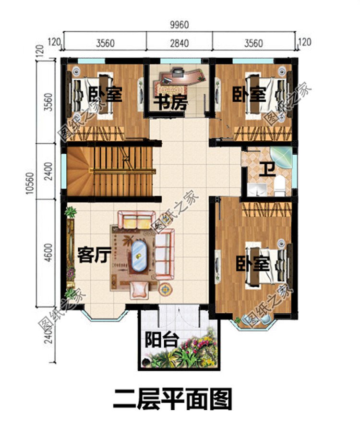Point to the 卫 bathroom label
pos(264,170)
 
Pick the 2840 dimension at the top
pos(179,43)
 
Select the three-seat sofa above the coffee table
pos(136,221)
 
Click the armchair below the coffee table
pos(140,288)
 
